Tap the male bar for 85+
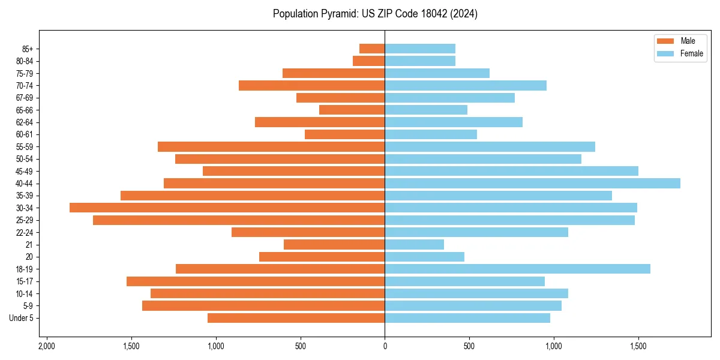click(372, 49)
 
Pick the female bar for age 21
click(414, 244)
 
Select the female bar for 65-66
click(426, 110)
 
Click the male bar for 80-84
click(368, 61)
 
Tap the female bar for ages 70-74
click(466, 85)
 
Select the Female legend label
click(691, 53)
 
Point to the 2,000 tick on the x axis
click(46, 346)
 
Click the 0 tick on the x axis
click(385, 346)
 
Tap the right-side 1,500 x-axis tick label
click(638, 346)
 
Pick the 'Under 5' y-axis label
click(22, 318)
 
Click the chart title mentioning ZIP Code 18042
click(375, 14)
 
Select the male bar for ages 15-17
click(256, 281)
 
